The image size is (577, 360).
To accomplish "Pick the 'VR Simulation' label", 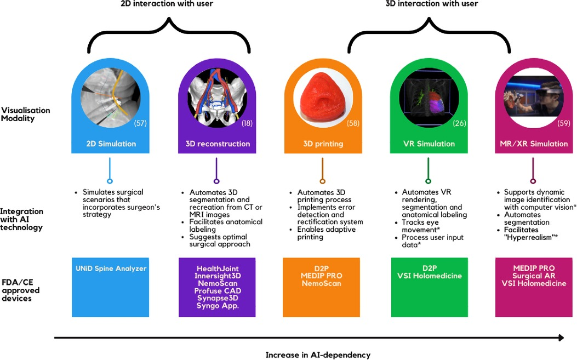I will (428, 144).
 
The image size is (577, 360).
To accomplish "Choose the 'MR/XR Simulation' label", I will (534, 144).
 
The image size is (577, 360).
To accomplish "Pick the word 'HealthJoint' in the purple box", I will (216, 268).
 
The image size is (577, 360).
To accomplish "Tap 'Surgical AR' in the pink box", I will (534, 276).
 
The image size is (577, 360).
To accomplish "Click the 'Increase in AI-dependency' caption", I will (318, 355).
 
